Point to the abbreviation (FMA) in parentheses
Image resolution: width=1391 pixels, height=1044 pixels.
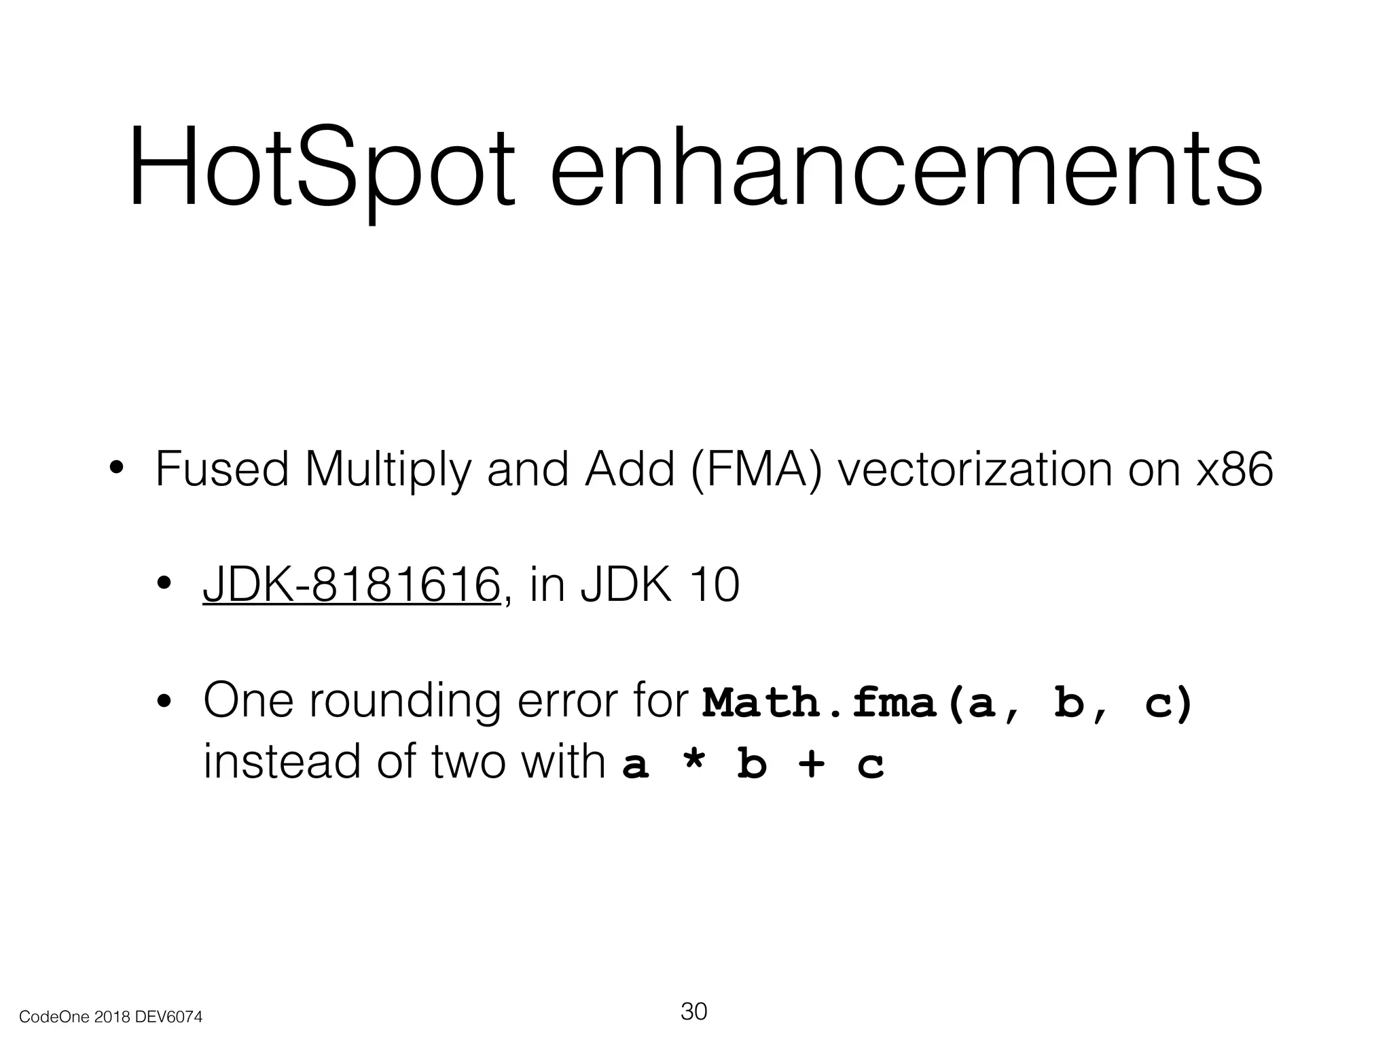pos(755,470)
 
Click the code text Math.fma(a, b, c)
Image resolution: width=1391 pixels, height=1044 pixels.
pos(947,703)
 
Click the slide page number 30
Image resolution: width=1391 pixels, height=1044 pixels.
pos(693,1011)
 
